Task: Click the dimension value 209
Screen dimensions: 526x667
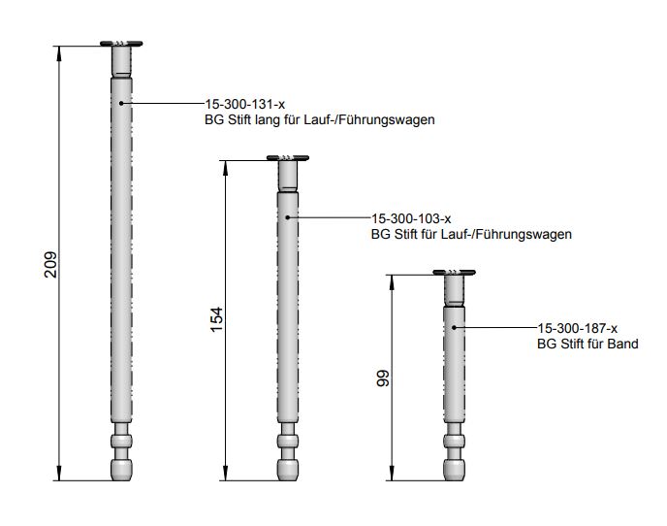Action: [x=50, y=263]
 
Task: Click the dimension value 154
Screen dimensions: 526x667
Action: [x=216, y=319]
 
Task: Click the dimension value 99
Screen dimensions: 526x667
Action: [x=382, y=378]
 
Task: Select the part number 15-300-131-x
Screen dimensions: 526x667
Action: [x=244, y=104]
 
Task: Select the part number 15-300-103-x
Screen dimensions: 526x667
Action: [x=411, y=218]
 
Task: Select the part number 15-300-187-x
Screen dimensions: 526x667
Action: [x=577, y=329]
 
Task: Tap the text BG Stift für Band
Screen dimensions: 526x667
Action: [x=588, y=345]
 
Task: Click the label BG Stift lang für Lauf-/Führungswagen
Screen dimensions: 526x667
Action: [x=318, y=119]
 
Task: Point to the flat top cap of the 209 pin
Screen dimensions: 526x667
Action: [x=121, y=44]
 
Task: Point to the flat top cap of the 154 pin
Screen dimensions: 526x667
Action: [x=287, y=157]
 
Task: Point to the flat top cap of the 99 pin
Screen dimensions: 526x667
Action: [x=453, y=273]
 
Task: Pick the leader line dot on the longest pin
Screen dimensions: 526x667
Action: [x=121, y=102]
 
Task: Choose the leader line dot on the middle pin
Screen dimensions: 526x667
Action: [x=287, y=217]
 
